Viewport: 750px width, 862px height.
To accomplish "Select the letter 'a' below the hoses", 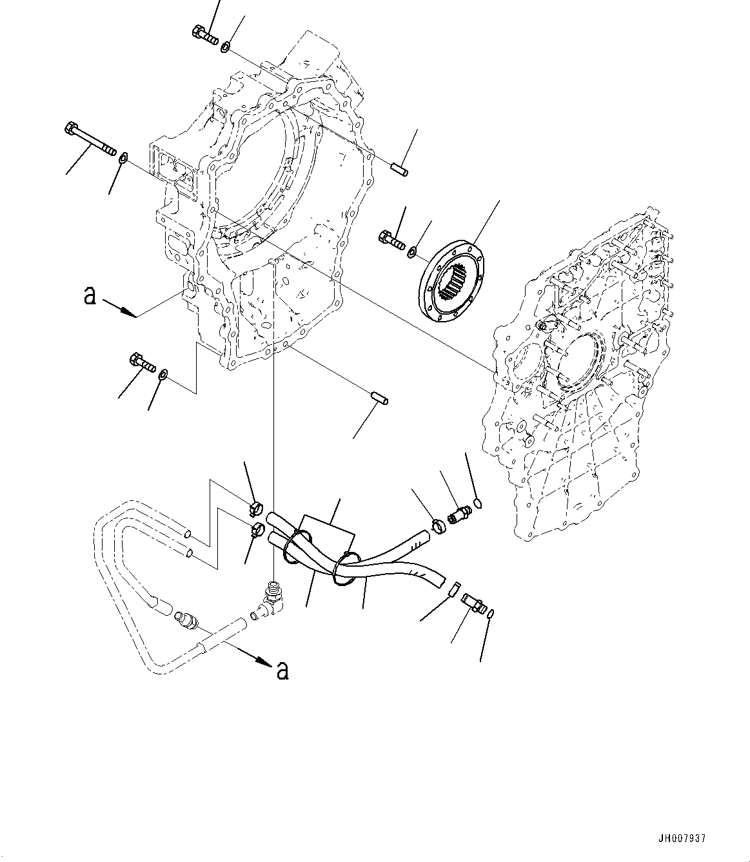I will [x=282, y=671].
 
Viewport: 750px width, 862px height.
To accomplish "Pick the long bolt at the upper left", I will [x=90, y=140].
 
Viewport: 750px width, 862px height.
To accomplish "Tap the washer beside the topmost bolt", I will [x=226, y=46].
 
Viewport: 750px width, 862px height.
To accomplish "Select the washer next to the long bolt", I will [x=124, y=157].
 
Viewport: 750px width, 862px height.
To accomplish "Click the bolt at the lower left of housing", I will [x=143, y=362].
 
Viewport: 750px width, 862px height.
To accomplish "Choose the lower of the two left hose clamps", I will [x=257, y=531].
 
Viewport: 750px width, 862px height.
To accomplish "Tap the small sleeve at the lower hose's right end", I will [x=452, y=589].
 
